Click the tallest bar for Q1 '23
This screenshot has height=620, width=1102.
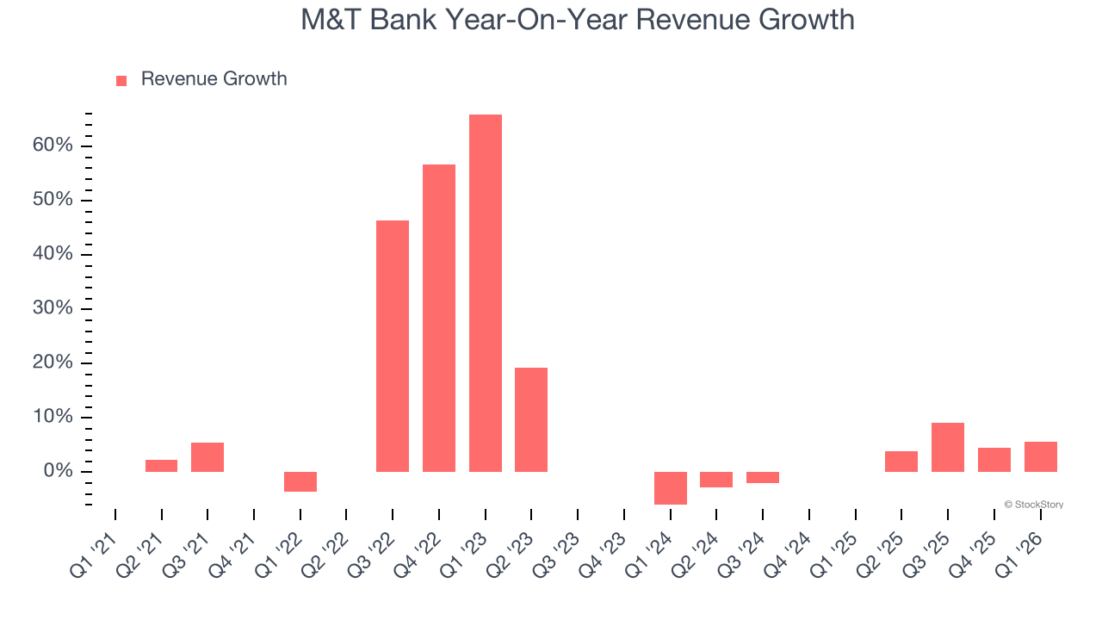(486, 293)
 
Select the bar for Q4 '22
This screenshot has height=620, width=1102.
(439, 318)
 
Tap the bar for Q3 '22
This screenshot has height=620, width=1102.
(393, 345)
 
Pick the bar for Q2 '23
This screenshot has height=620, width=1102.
(531, 419)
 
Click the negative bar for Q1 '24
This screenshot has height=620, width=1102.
(671, 487)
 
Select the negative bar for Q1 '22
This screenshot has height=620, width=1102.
(300, 481)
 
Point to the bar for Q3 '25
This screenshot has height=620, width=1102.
(948, 447)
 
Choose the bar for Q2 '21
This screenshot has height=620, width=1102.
(161, 466)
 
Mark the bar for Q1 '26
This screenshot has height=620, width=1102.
(1040, 456)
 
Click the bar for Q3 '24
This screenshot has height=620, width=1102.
(763, 477)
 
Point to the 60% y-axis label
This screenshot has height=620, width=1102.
(53, 146)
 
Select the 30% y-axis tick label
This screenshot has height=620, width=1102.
(53, 308)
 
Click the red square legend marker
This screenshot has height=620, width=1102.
(121, 80)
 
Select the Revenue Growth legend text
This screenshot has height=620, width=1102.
(214, 79)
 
